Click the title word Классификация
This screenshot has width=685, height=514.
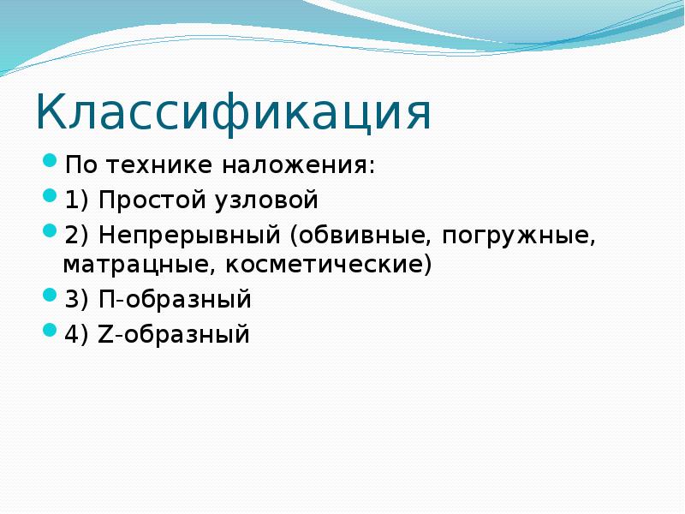233,115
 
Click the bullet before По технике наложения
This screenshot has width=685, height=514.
50,160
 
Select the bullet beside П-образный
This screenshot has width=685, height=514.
50,296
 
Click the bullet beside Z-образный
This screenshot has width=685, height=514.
50,331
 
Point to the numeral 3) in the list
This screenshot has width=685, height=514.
76,300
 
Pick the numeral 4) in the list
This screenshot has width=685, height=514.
76,334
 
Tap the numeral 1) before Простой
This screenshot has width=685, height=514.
76,201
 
